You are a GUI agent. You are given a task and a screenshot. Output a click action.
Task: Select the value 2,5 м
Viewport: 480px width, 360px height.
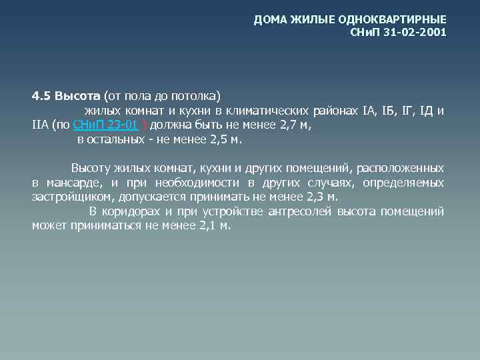226,140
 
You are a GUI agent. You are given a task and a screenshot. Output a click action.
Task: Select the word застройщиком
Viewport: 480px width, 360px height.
71,197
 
